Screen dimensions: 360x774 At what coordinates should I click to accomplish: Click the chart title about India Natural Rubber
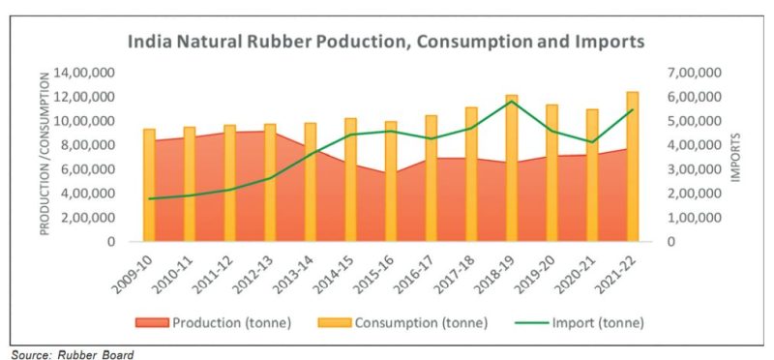pos(387,43)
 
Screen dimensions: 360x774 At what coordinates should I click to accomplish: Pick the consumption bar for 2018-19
pos(512,169)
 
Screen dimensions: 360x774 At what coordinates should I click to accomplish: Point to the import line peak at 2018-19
pos(512,102)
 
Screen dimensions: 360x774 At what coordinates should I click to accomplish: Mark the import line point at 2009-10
pos(149,198)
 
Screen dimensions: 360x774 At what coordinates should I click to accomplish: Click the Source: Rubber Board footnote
pos(73,353)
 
